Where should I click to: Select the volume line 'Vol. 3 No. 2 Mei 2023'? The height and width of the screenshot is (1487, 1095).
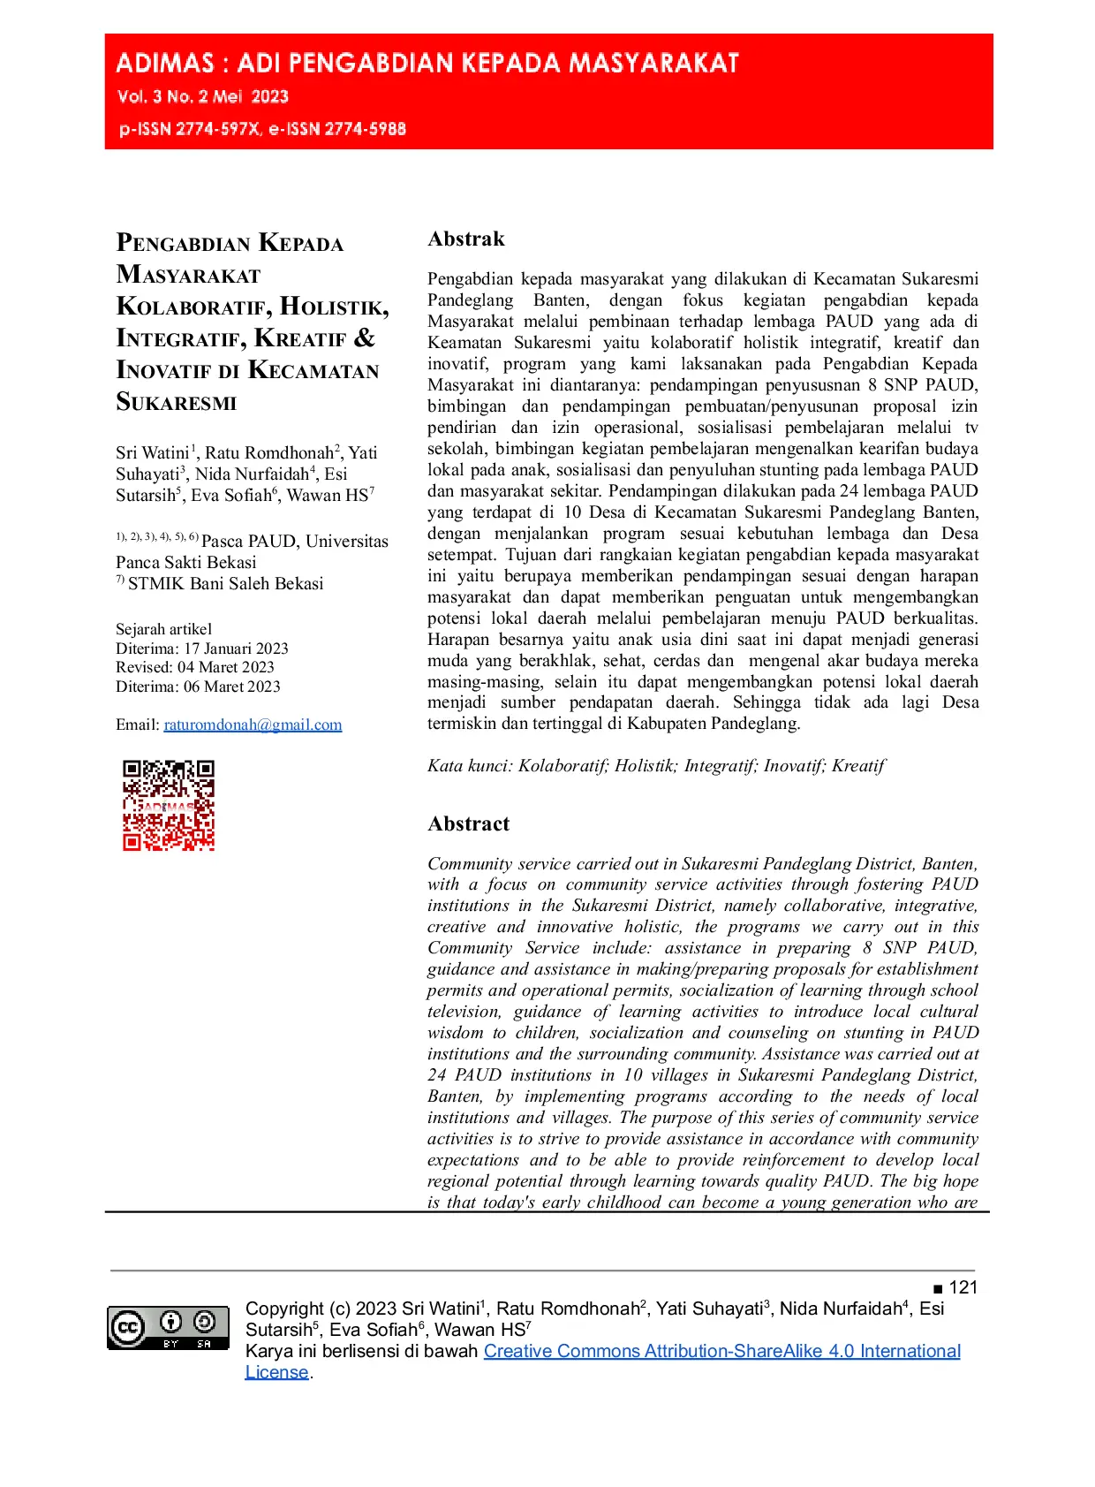tap(203, 97)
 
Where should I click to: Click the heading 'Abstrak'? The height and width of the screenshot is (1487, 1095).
tap(466, 239)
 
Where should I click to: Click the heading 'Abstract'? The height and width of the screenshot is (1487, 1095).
tap(468, 824)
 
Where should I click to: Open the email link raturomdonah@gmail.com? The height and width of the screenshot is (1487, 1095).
tap(253, 725)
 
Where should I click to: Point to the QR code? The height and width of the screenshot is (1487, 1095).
tap(169, 805)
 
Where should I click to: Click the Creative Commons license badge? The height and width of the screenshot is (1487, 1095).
tap(168, 1328)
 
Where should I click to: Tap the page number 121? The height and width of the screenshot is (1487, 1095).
tap(963, 1287)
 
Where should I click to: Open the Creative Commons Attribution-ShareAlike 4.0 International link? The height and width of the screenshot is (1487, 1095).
tap(721, 1351)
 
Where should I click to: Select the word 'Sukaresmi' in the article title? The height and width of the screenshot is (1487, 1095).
tap(177, 403)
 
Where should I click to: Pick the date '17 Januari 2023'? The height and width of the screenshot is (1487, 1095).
tap(236, 649)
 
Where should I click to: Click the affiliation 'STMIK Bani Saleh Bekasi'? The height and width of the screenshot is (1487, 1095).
tap(225, 584)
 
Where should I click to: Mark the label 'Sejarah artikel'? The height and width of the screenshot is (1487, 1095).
tap(163, 629)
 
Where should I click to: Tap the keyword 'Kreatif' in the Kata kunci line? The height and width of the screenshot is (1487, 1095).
tap(858, 766)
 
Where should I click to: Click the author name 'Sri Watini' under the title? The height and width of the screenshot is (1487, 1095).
tap(152, 453)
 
